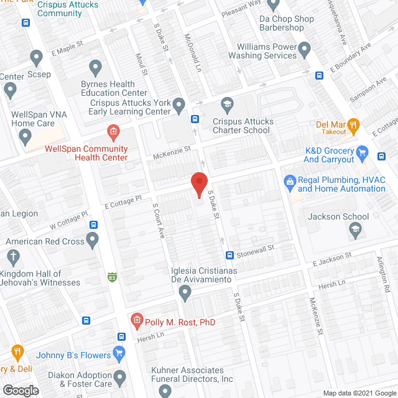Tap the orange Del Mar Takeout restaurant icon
click(x=354, y=127)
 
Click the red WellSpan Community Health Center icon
click(x=113, y=131)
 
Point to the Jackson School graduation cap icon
click(x=354, y=231)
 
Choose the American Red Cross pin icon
click(x=93, y=238)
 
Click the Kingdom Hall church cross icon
click(x=12, y=257)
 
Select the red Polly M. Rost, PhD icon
click(x=137, y=321)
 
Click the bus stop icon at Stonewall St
click(x=229, y=255)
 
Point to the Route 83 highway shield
click(x=113, y=276)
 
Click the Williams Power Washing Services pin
click(x=305, y=49)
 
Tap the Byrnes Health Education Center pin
click(x=95, y=67)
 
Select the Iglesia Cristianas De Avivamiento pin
click(x=184, y=292)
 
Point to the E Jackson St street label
click(x=332, y=258)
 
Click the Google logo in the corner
click(x=21, y=390)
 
